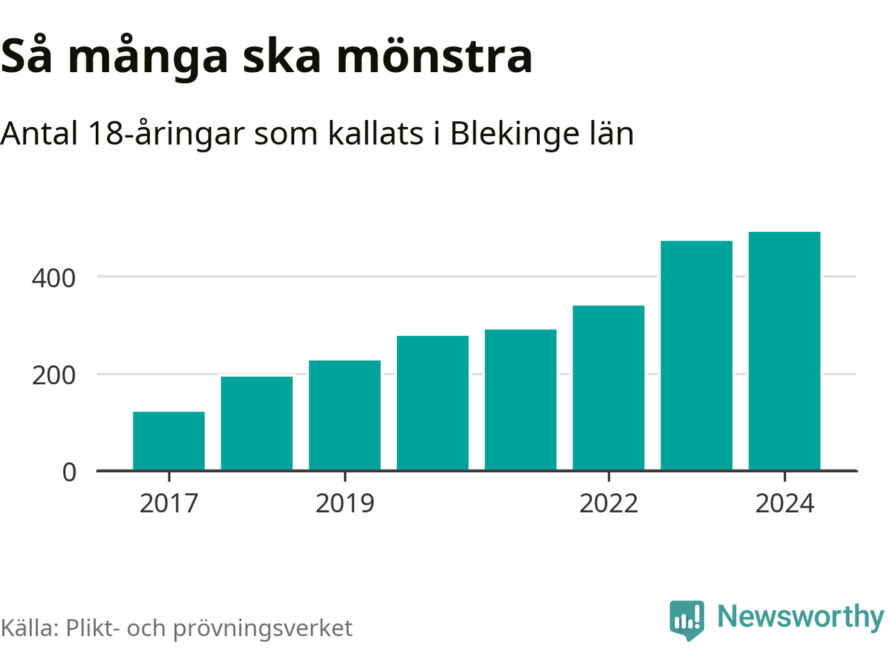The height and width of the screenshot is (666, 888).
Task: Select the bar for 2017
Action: [169, 441]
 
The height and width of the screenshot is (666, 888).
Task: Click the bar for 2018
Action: [257, 423]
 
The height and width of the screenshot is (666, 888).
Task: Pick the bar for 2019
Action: [345, 416]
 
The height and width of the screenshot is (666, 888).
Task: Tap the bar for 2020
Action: [433, 403]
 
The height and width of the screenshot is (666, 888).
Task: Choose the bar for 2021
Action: [520, 400]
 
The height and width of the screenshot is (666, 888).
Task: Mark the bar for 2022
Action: [608, 388]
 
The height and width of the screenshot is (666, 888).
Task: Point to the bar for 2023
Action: [697, 356]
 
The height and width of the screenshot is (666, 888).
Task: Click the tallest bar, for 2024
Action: [785, 351]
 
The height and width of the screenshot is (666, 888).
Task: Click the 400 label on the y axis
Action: [53, 278]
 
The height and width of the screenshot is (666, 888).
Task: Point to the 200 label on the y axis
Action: [53, 375]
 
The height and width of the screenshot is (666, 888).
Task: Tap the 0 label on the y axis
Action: [69, 472]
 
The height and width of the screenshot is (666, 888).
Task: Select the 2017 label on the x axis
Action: [169, 503]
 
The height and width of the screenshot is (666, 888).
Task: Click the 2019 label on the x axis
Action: [345, 503]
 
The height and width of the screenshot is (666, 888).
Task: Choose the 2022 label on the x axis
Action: [608, 503]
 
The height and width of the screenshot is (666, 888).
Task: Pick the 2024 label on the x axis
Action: [785, 503]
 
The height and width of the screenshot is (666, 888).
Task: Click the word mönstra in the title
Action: [434, 55]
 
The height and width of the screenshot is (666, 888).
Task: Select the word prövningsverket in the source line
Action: [262, 628]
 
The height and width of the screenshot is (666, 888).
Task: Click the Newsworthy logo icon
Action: [687, 620]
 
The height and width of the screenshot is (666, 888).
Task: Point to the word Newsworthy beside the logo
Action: [800, 617]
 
